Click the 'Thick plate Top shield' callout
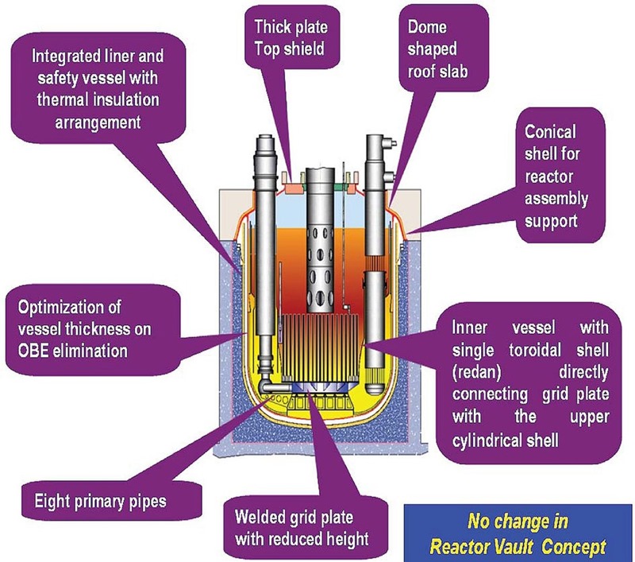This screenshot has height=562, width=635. (x=291, y=37)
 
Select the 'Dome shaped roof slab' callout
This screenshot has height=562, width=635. (x=444, y=48)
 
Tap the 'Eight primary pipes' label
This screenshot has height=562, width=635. (x=100, y=501)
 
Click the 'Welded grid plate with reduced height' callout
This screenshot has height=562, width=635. (x=302, y=528)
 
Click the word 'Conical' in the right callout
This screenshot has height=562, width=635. (x=550, y=132)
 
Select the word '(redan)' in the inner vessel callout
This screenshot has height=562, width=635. (x=477, y=372)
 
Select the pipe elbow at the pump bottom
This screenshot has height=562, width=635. (x=270, y=384)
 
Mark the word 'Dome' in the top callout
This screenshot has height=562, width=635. (x=427, y=27)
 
